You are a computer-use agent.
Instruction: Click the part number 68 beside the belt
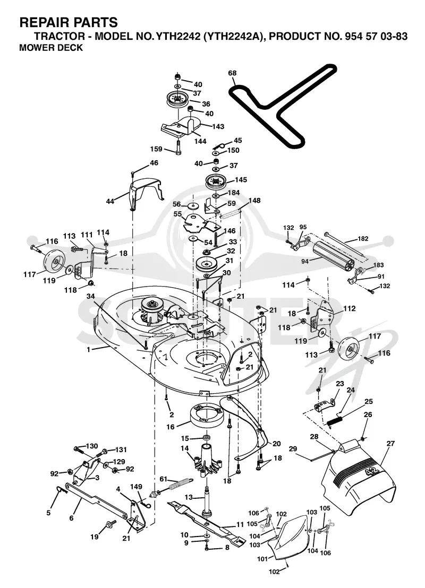(232, 73)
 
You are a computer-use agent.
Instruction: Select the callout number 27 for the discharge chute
(390, 444)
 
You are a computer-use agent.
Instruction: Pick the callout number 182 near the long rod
(363, 238)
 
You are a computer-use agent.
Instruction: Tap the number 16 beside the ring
(171, 427)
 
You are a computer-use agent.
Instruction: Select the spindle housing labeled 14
(206, 460)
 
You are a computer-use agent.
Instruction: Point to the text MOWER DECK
(50, 48)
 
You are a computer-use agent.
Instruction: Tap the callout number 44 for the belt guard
(109, 202)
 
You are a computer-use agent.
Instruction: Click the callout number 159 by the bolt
(156, 149)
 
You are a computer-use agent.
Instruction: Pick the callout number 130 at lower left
(91, 446)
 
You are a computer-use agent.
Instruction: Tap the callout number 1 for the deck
(89, 350)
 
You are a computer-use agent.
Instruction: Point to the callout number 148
(254, 201)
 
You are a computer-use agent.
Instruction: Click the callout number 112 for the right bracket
(349, 309)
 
